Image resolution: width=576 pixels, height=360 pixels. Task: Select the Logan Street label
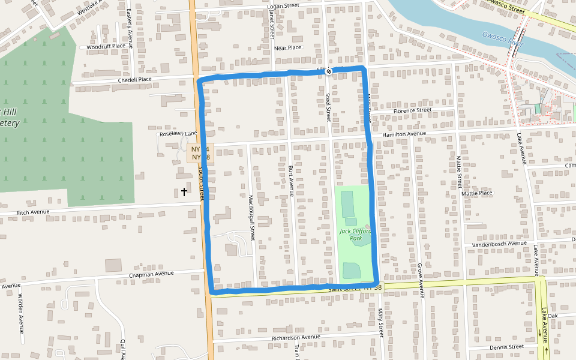283,6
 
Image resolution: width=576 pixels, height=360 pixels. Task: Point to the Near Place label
287,48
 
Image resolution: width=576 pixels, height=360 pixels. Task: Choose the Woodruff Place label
106,46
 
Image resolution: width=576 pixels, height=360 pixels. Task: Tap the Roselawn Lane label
178,134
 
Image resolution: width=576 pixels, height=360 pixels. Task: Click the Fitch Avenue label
32,212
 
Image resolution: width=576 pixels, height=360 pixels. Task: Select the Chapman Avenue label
151,275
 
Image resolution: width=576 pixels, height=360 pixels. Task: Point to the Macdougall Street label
252,217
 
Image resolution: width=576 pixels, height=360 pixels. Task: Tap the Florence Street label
412,110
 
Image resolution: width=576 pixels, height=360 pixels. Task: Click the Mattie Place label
477,193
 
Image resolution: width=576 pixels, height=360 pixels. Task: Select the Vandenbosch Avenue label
499,244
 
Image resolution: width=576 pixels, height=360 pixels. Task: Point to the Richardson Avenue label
296,337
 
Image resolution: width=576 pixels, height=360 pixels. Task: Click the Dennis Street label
506,347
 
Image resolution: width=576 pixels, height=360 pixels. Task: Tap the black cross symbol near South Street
184,192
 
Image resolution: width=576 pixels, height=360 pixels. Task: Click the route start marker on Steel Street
329,71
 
